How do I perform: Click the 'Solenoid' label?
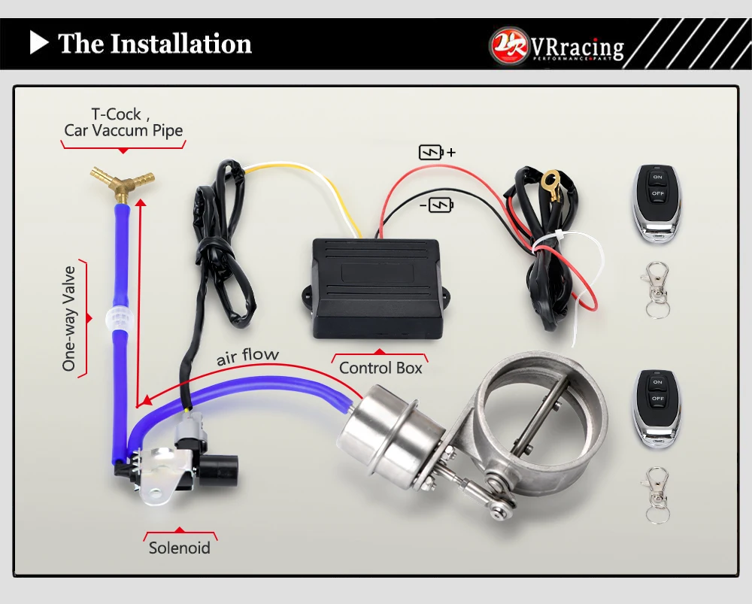click(180, 548)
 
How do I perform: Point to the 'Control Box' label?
click(381, 368)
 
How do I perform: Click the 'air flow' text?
click(247, 356)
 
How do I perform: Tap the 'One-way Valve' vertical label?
click(69, 318)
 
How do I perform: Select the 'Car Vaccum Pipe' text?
click(123, 130)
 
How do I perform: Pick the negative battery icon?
click(441, 204)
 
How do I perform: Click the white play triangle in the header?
click(38, 43)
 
